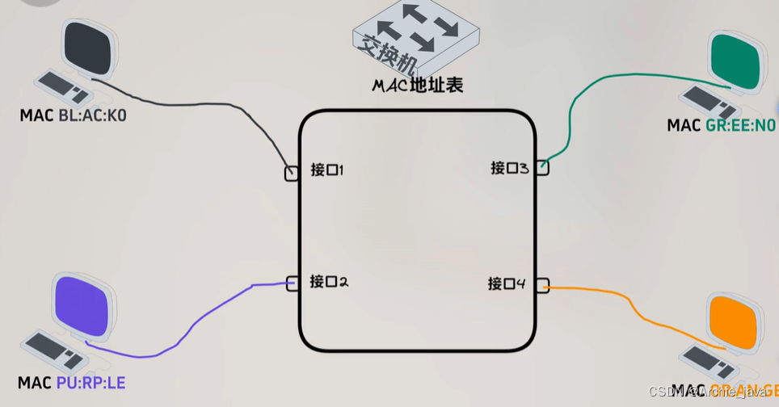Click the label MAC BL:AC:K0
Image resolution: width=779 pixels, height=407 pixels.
tap(74, 116)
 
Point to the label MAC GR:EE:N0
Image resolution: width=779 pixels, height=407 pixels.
tap(721, 125)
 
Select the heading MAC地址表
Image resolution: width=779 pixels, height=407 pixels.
tap(418, 85)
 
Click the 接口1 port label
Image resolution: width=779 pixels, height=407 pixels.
tap(327, 170)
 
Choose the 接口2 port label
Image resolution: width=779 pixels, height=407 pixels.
tap(328, 282)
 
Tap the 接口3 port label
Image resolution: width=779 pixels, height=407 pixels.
tap(509, 168)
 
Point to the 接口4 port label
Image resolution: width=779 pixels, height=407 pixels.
tap(507, 283)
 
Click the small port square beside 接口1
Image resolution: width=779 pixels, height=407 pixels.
tap(292, 173)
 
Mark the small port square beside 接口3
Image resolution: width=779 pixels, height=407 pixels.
tap(541, 168)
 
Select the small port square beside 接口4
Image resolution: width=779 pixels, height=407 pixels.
tap(541, 284)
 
